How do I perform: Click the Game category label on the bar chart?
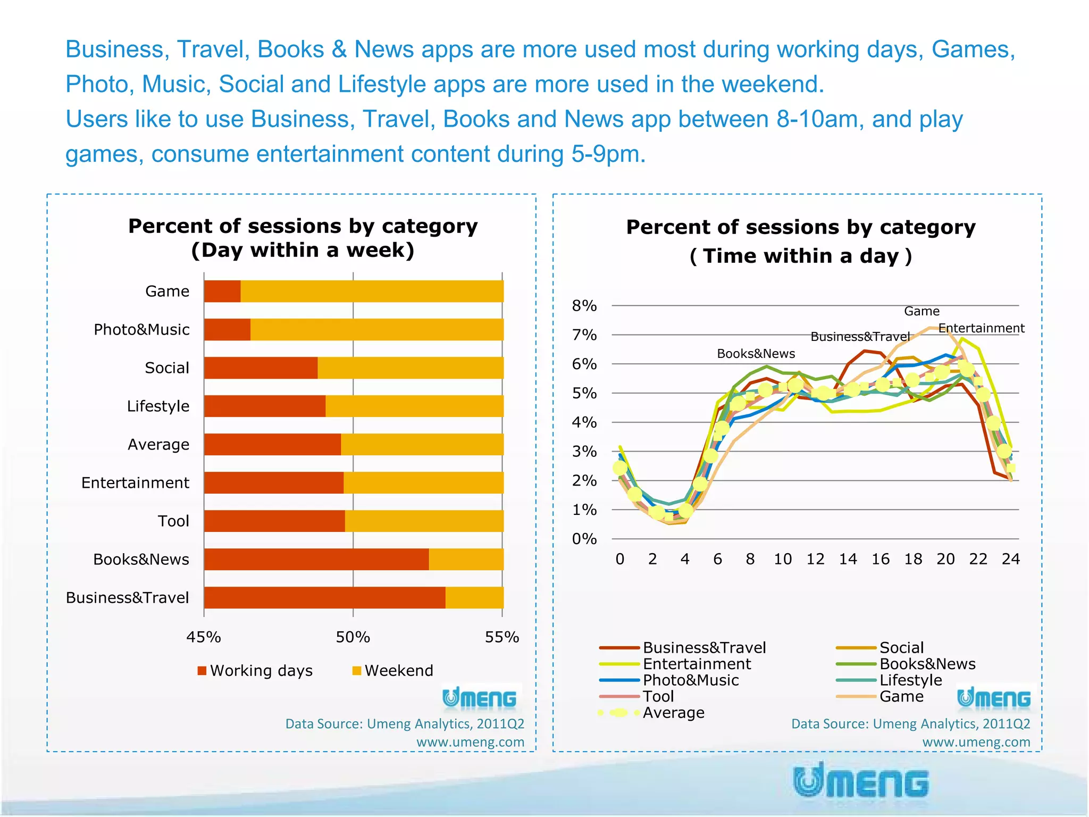pos(167,291)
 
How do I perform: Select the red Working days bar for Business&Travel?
pos(324,597)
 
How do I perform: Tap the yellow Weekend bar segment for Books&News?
pos(466,559)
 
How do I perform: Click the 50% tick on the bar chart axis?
pos(353,637)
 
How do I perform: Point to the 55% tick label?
pos(501,637)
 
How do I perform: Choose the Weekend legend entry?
pos(393,670)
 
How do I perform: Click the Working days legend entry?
pos(255,670)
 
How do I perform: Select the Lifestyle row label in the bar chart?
pos(158,406)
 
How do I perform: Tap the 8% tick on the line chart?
pos(584,306)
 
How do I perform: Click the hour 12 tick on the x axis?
pos(815,559)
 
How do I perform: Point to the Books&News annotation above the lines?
pos(756,354)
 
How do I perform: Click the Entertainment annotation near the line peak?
pos(981,328)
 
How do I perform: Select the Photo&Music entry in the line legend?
pos(690,680)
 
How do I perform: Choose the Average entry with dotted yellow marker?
pos(673,713)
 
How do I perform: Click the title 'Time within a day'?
pos(800,256)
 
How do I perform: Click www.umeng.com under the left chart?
pos(470,742)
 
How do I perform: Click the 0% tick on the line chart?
pos(584,539)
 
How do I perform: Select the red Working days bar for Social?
pos(261,368)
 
